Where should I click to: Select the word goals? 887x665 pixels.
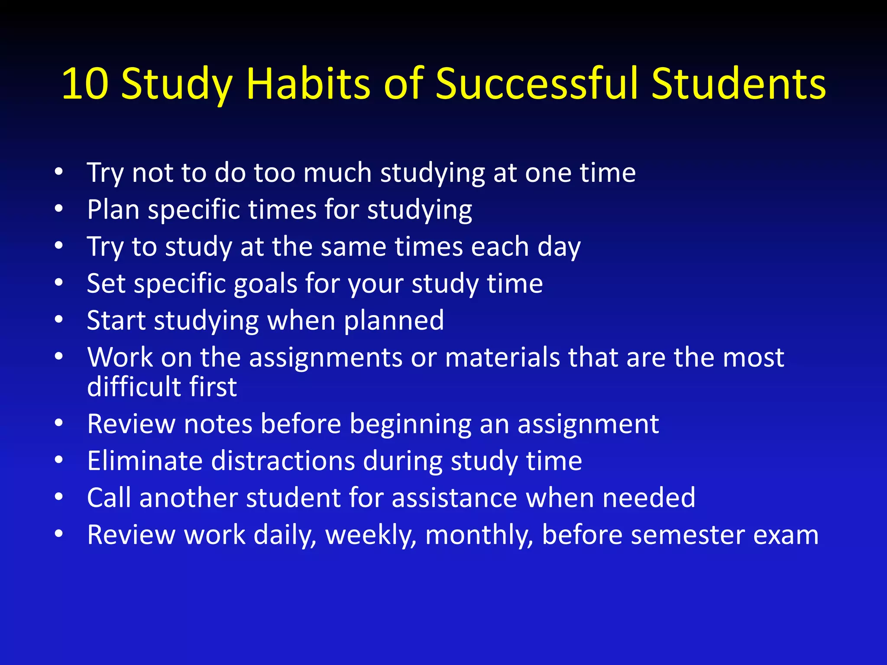coord(265,284)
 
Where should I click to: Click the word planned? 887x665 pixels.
coord(394,321)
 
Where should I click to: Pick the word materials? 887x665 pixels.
coord(502,358)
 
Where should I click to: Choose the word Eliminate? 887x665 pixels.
coord(145,461)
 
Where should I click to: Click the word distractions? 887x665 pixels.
coord(283,461)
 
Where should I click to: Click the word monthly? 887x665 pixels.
coord(479,535)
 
